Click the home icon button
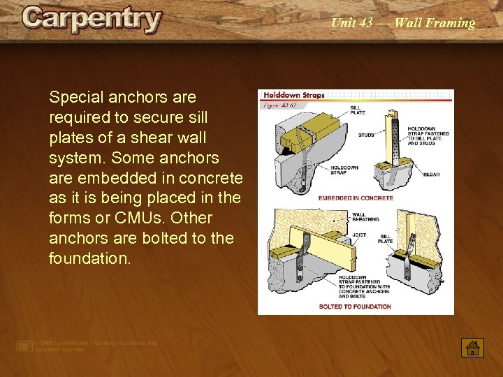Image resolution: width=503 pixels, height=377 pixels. [x=473, y=347]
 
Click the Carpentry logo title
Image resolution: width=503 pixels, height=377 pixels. [x=92, y=19]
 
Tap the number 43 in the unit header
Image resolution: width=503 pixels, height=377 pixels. [x=365, y=23]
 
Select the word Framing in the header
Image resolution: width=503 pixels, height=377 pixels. [x=446, y=23]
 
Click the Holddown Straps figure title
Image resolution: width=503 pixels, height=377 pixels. [x=294, y=95]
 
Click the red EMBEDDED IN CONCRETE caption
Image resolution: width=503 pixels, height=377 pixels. [x=356, y=198]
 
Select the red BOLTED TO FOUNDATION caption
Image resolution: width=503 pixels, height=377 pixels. [x=355, y=306]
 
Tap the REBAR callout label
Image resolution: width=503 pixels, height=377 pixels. [x=431, y=175]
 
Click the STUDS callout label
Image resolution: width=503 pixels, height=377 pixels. [x=366, y=135]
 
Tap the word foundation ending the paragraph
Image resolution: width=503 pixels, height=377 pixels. [x=89, y=258]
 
